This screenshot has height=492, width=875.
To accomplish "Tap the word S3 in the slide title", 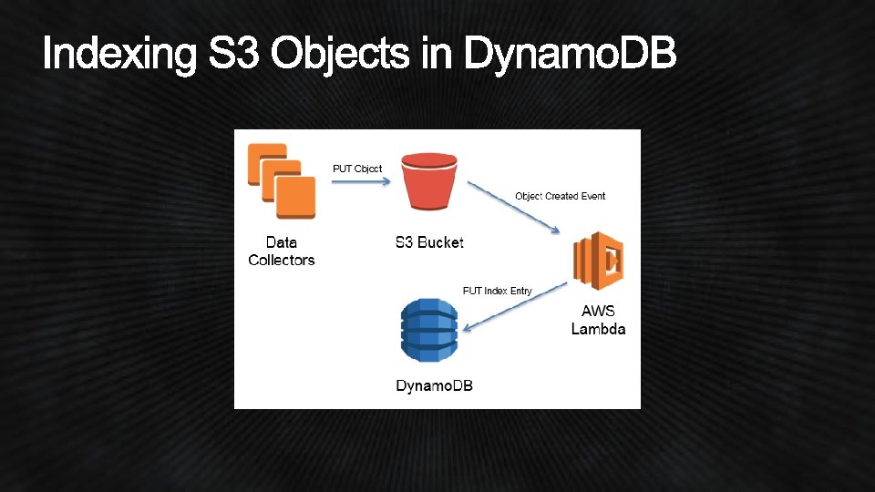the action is tap(235, 55).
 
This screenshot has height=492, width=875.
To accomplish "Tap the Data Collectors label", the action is tap(282, 251).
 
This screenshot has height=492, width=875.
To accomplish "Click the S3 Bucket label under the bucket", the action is tap(429, 242).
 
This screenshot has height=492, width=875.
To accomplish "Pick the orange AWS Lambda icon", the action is tap(598, 261).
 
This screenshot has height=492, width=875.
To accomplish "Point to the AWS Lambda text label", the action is tap(598, 320).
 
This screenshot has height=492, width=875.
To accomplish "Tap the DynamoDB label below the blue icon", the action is tap(434, 385).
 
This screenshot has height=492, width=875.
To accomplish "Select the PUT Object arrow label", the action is tap(356, 169).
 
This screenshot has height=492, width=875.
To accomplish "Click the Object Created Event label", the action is tap(560, 196).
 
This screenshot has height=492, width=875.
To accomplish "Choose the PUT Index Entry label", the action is tap(497, 291).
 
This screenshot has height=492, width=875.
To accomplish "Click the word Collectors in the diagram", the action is tap(282, 260).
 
